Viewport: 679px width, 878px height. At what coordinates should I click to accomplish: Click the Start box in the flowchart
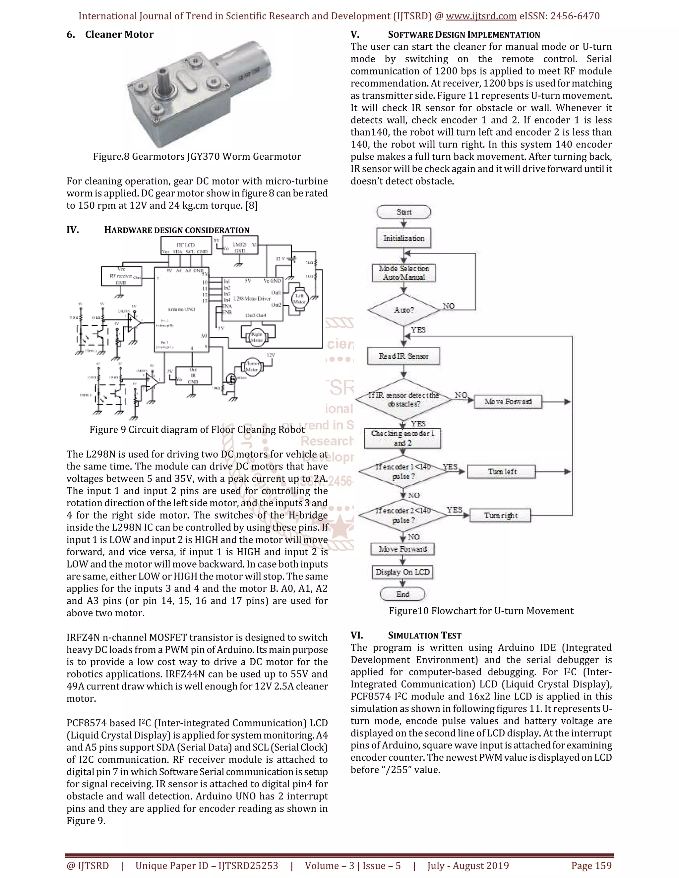tap(403, 212)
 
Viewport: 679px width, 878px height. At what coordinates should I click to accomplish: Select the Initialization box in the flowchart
tap(403, 238)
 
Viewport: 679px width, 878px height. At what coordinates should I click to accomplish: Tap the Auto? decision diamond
tap(403, 310)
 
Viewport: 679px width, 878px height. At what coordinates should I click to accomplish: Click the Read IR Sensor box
tap(403, 356)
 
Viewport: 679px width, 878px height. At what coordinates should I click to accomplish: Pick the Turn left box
tap(501, 471)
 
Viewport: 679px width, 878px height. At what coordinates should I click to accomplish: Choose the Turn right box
tap(500, 516)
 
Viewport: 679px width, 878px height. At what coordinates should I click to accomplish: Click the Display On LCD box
tap(402, 572)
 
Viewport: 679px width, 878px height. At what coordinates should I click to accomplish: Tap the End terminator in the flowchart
tap(402, 594)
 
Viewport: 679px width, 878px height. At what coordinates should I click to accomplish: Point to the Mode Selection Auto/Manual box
tap(403, 273)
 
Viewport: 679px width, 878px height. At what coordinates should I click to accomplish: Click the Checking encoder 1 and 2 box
tap(402, 438)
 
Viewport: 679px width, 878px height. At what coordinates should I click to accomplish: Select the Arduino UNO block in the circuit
tap(181, 309)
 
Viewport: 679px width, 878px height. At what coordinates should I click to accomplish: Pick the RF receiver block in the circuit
tap(121, 276)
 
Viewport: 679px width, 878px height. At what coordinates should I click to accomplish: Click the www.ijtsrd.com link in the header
tap(481, 16)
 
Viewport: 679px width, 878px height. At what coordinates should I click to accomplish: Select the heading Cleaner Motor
tap(119, 34)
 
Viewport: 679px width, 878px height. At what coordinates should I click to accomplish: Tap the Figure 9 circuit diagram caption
tap(197, 430)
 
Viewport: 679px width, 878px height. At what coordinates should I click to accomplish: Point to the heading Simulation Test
tap(424, 635)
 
